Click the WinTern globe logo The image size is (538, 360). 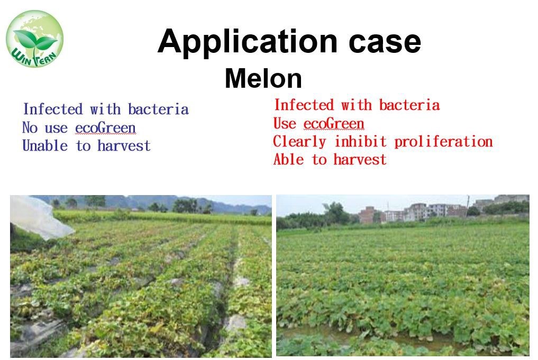[x=35, y=39]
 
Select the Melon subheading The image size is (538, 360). [x=263, y=79]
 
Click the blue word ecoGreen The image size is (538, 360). [x=105, y=128]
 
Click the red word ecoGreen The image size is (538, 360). [x=334, y=123]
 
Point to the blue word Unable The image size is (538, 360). [x=45, y=145]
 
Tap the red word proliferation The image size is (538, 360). [x=443, y=142]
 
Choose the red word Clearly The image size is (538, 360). [x=299, y=142]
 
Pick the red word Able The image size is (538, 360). [x=288, y=160]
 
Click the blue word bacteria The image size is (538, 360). [x=158, y=109]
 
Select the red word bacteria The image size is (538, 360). [x=409, y=105]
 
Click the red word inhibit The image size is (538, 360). [x=360, y=141]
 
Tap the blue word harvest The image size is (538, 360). [x=124, y=146]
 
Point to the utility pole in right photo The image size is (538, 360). [x=467, y=205]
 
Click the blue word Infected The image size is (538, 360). [x=53, y=109]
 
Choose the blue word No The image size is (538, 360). [x=30, y=127]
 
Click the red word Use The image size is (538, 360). [x=285, y=123]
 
